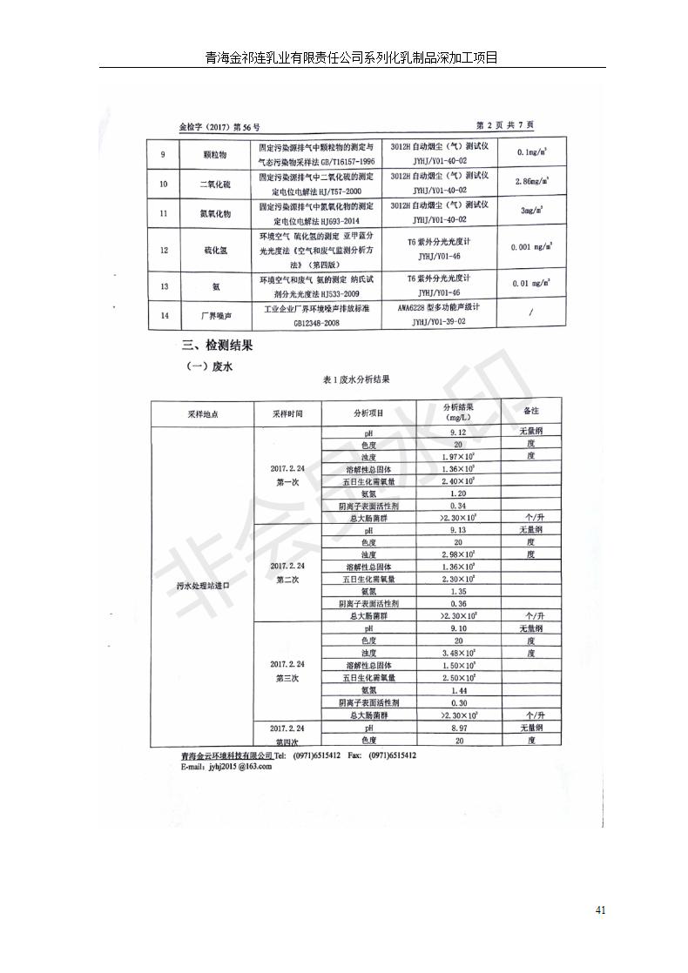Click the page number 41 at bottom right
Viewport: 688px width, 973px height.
click(x=600, y=910)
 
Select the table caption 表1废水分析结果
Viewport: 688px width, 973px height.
click(x=356, y=380)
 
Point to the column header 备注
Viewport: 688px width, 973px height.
click(x=530, y=410)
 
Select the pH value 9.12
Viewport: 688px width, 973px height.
click(x=458, y=433)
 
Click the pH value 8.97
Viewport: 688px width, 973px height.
click(x=458, y=728)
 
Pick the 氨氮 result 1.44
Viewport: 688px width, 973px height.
click(x=458, y=689)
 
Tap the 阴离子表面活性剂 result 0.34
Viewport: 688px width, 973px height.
click(x=458, y=506)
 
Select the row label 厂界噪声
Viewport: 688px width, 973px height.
click(x=215, y=314)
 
